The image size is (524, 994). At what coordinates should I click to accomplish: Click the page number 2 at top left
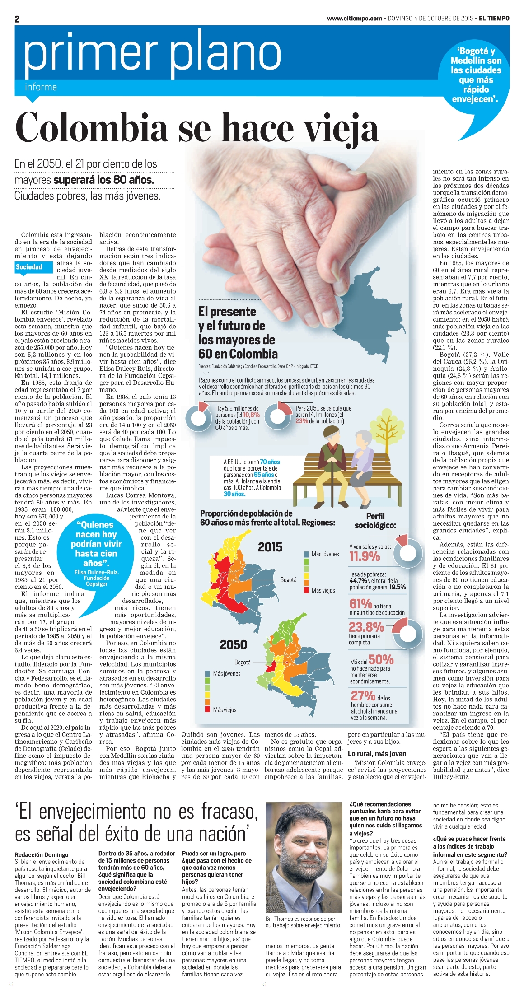(17, 19)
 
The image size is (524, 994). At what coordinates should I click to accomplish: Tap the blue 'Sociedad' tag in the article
(28, 267)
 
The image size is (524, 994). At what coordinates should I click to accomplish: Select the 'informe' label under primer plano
(41, 87)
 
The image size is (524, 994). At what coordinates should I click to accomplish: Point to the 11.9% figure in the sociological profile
(365, 556)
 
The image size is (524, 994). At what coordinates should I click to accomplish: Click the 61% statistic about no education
(360, 603)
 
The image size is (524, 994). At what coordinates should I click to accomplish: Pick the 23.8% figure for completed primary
(366, 627)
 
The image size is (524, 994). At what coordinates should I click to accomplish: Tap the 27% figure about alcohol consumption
(363, 696)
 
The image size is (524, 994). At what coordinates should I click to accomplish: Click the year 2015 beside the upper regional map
(270, 547)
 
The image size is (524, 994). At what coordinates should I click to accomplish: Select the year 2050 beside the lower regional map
(233, 645)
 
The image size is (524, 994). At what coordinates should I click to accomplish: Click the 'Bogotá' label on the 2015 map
(288, 580)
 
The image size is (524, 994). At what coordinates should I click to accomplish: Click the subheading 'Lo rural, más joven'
(377, 753)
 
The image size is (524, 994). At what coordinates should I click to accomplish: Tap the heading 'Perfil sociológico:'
(375, 521)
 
